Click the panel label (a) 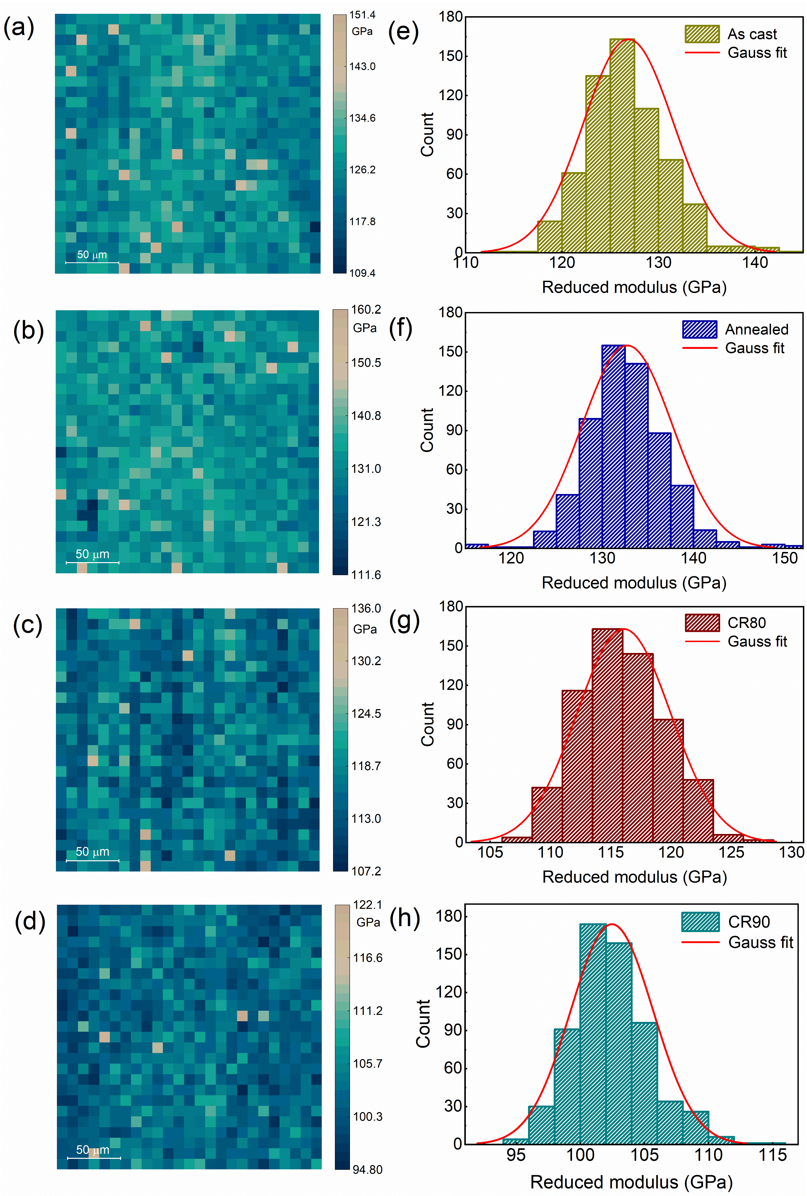click(19, 27)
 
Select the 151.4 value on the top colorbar click(362, 15)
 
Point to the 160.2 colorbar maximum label click(366, 310)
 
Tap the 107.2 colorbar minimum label click(366, 871)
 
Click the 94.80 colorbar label click(367, 1170)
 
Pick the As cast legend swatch click(701, 34)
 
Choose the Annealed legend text click(756, 329)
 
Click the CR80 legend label click(746, 623)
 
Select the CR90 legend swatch click(700, 922)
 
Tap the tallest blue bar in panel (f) click(613, 447)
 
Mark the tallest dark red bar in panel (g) click(607, 736)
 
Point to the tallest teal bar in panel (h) click(593, 1034)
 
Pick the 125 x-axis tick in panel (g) click(731, 852)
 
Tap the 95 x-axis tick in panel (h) click(516, 1155)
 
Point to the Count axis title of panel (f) click(427, 430)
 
